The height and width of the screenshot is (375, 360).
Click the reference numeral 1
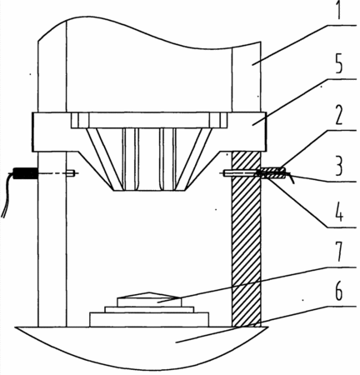point(338,10)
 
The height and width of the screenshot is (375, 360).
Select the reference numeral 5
point(338,63)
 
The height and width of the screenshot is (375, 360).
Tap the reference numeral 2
point(338,115)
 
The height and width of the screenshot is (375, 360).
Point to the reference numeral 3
point(338,166)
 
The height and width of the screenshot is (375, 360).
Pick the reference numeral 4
point(337,212)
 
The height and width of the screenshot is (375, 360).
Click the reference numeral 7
point(338,252)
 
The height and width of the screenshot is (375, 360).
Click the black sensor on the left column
point(25,173)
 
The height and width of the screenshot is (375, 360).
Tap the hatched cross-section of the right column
point(246,239)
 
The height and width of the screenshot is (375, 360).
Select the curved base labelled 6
point(142,347)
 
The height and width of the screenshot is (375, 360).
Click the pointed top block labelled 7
point(149,299)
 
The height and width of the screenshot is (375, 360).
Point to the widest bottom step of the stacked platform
point(149,319)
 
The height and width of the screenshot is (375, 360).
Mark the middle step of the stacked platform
point(149,309)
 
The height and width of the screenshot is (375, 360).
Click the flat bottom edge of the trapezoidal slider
point(149,191)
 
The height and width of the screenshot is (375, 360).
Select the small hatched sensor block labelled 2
point(272,173)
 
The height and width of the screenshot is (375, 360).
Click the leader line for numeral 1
point(304,45)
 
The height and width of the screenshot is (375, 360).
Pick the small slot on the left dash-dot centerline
point(71,173)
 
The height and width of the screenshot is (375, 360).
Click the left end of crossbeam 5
point(32,132)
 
